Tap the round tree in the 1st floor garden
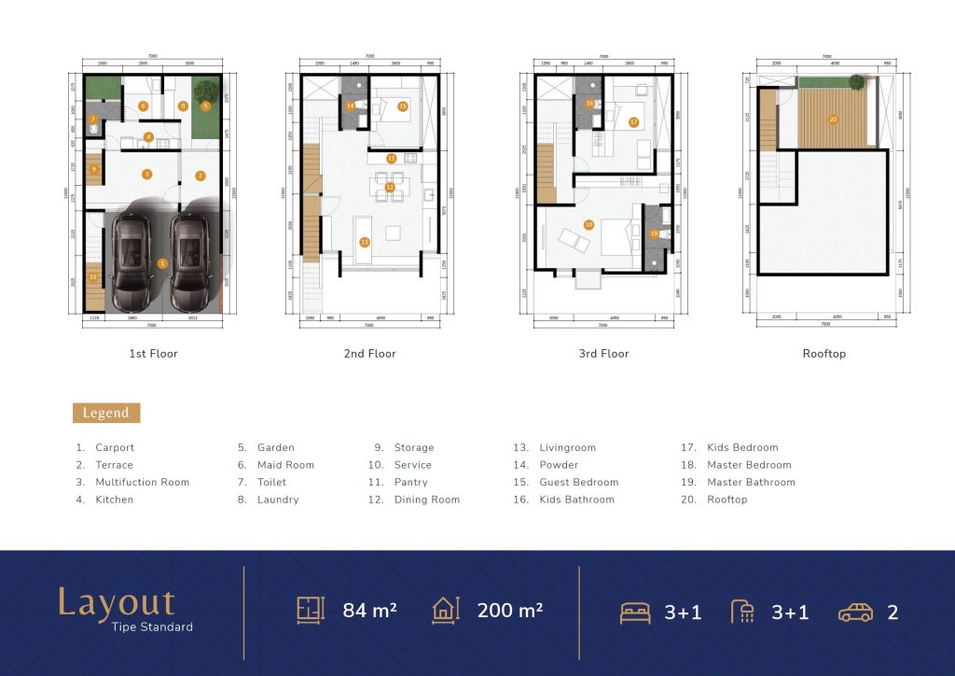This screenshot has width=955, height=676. (x=207, y=92)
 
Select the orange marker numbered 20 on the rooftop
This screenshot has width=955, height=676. (x=833, y=120)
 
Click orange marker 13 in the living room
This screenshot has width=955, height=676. (x=365, y=242)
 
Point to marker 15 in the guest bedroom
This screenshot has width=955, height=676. (x=402, y=106)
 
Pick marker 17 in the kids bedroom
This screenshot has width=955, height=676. (x=633, y=122)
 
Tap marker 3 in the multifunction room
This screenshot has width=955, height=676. (x=146, y=175)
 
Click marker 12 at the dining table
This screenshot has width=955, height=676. (x=390, y=187)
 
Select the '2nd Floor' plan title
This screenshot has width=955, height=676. (x=369, y=354)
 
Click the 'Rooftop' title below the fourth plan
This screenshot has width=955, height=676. (x=824, y=354)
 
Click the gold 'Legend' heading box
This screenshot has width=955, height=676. (x=106, y=413)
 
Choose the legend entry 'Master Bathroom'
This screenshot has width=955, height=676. (x=751, y=483)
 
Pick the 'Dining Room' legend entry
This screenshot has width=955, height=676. (x=426, y=500)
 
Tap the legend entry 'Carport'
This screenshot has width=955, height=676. (x=115, y=448)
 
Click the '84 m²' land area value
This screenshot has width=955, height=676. (x=369, y=611)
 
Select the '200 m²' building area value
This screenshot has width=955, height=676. (x=510, y=611)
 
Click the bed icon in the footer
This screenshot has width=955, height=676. (x=636, y=613)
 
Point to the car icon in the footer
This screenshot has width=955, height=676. (x=855, y=613)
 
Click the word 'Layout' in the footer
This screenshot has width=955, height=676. (x=116, y=602)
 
